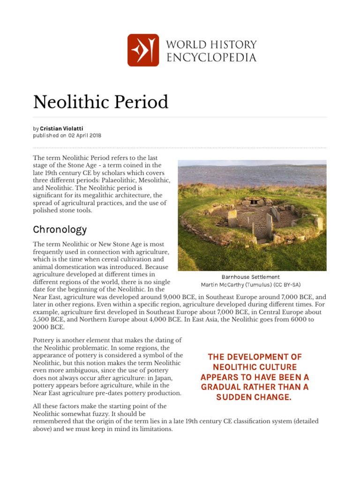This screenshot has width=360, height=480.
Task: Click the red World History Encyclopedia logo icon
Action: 143,50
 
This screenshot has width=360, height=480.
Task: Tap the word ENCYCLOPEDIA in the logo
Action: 211,57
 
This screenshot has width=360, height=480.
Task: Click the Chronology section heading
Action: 60,230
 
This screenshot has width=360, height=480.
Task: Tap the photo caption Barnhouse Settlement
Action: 250,277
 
